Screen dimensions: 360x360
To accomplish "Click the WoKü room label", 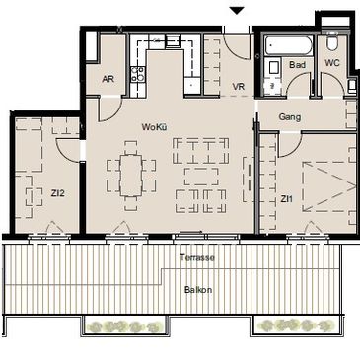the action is pyautogui.click(x=154, y=127).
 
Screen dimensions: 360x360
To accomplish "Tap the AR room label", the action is pyautogui.click(x=108, y=79).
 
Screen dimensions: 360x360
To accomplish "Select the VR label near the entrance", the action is pyautogui.click(x=239, y=87).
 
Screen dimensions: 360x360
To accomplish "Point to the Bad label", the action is pyautogui.click(x=297, y=65).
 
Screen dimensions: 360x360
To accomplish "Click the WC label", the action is pyautogui.click(x=332, y=63).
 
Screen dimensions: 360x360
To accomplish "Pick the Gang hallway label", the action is pyautogui.click(x=290, y=117).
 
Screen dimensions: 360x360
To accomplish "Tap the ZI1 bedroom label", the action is pyautogui.click(x=287, y=199).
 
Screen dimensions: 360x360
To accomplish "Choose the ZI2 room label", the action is pyautogui.click(x=57, y=193).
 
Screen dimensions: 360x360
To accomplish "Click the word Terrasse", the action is pyautogui.click(x=197, y=257).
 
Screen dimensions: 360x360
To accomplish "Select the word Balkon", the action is pyautogui.click(x=198, y=290).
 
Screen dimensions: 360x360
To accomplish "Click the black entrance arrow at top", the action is pyautogui.click(x=237, y=11).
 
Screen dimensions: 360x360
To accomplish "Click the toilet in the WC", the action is pyautogui.click(x=332, y=41).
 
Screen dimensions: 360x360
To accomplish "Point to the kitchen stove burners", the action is pyautogui.click(x=138, y=74).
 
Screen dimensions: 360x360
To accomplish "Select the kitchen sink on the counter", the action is pyautogui.click(x=173, y=40).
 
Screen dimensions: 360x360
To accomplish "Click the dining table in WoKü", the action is pyautogui.click(x=131, y=176).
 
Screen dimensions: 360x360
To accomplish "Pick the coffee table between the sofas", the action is pyautogui.click(x=201, y=177).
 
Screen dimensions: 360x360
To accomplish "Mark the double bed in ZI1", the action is pyautogui.click(x=329, y=186).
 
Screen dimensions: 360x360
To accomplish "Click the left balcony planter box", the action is pyautogui.click(x=125, y=326).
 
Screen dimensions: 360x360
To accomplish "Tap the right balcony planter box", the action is pyautogui.click(x=297, y=325).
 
